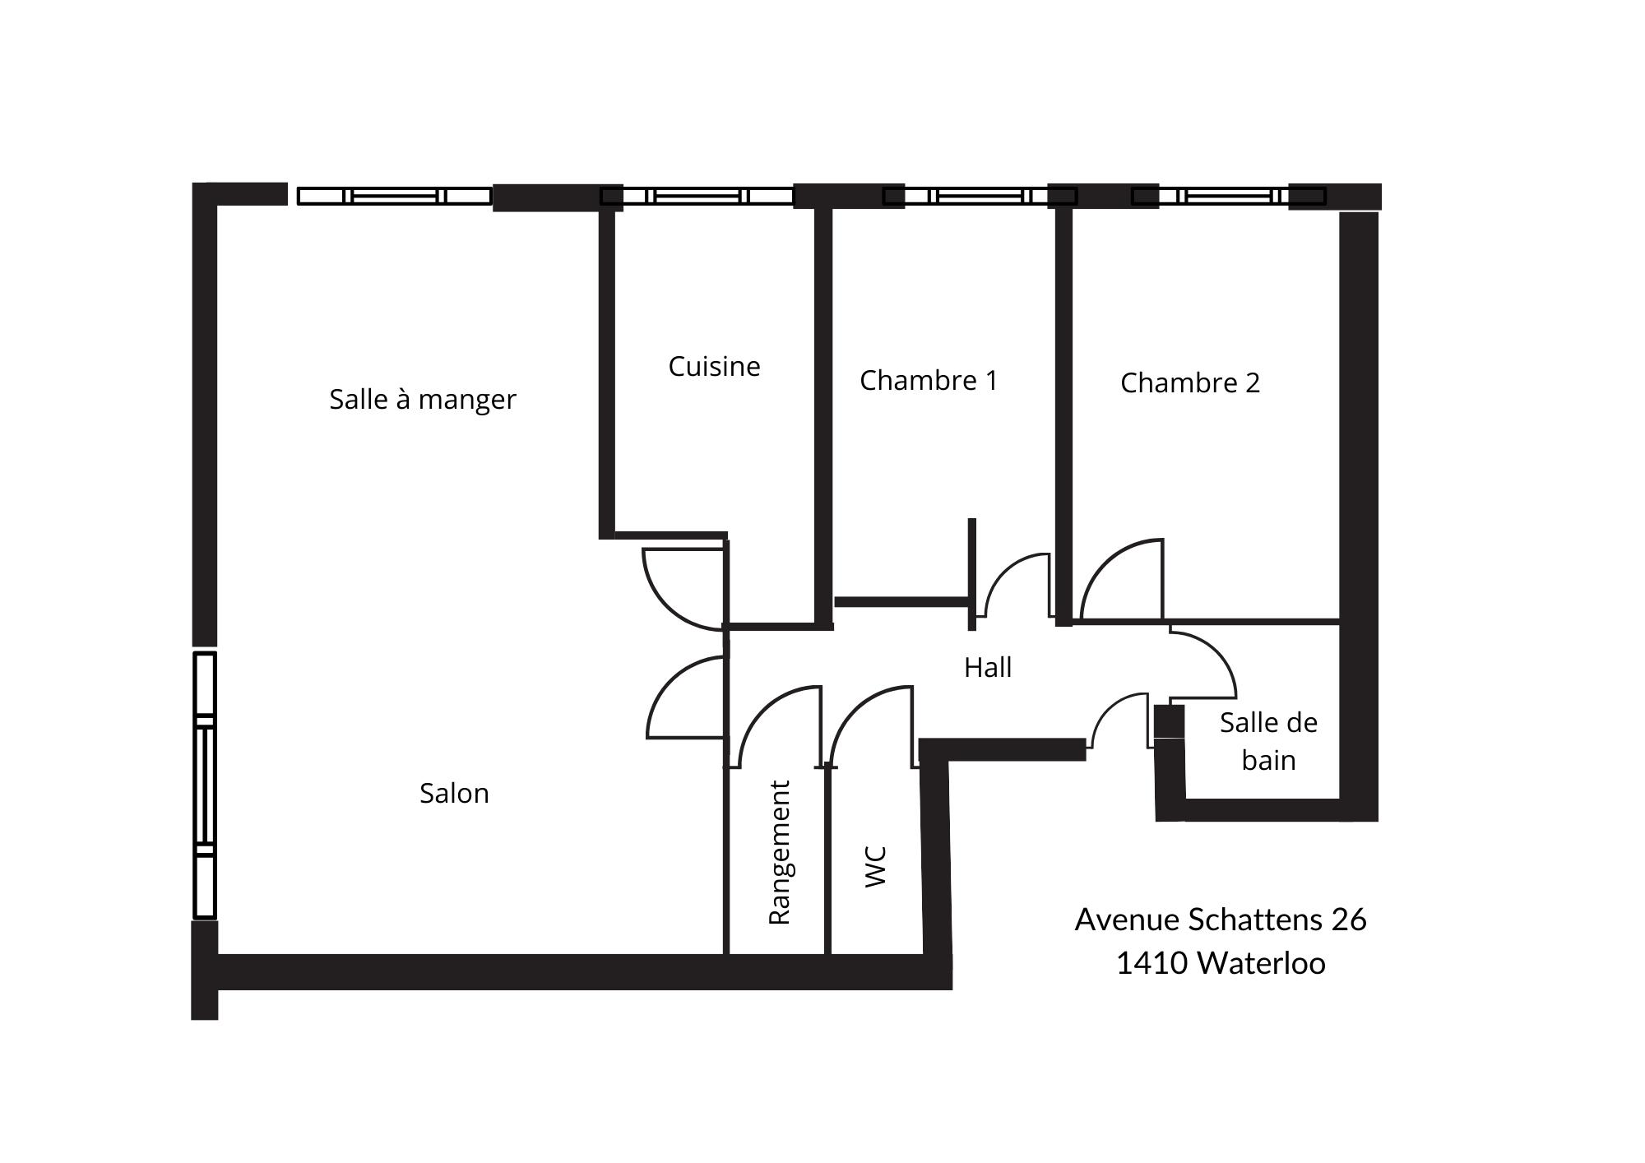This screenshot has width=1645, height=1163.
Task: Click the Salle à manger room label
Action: pyautogui.click(x=423, y=400)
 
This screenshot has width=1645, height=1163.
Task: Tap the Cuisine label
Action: pyautogui.click(x=714, y=366)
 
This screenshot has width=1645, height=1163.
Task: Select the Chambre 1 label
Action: pyautogui.click(x=929, y=380)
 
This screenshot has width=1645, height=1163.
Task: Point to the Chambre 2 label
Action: pyautogui.click(x=1190, y=382)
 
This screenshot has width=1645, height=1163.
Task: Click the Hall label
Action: pyautogui.click(x=988, y=667)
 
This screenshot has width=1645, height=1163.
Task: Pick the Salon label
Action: pyautogui.click(x=454, y=793)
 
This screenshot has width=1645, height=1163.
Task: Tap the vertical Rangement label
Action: pyautogui.click(x=778, y=853)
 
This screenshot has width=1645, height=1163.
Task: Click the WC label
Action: pyautogui.click(x=876, y=867)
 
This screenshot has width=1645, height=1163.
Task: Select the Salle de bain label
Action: pyautogui.click(x=1268, y=741)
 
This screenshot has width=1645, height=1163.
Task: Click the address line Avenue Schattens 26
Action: pyautogui.click(x=1221, y=920)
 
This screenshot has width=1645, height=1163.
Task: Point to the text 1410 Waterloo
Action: pyautogui.click(x=1221, y=963)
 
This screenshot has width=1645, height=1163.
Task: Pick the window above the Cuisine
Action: pyautogui.click(x=697, y=197)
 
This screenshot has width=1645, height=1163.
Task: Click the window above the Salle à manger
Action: pyautogui.click(x=395, y=197)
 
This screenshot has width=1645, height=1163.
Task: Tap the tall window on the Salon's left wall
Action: pyautogui.click(x=205, y=785)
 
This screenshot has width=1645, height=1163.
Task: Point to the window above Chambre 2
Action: pyautogui.click(x=1229, y=197)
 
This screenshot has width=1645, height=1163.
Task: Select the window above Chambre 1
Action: pyautogui.click(x=980, y=197)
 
